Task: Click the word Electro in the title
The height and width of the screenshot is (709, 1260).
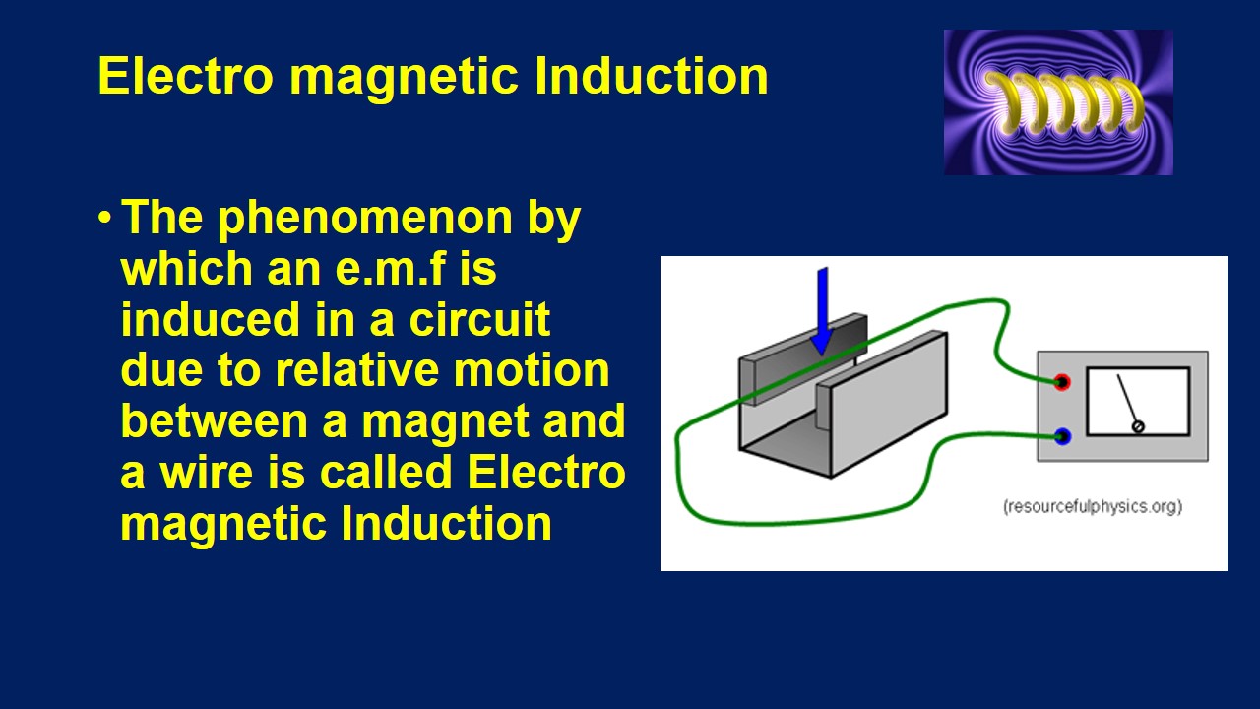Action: click(185, 76)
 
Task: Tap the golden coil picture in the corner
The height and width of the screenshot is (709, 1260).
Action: click(1058, 102)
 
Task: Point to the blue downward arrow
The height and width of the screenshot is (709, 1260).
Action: click(822, 310)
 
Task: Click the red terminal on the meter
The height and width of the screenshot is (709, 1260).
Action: click(1061, 382)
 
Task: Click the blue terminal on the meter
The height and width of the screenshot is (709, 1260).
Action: click(1061, 436)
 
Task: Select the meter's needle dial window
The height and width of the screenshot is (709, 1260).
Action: click(1137, 401)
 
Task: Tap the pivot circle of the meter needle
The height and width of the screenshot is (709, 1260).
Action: click(1139, 426)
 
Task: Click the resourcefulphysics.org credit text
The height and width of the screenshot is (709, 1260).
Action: click(1093, 507)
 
